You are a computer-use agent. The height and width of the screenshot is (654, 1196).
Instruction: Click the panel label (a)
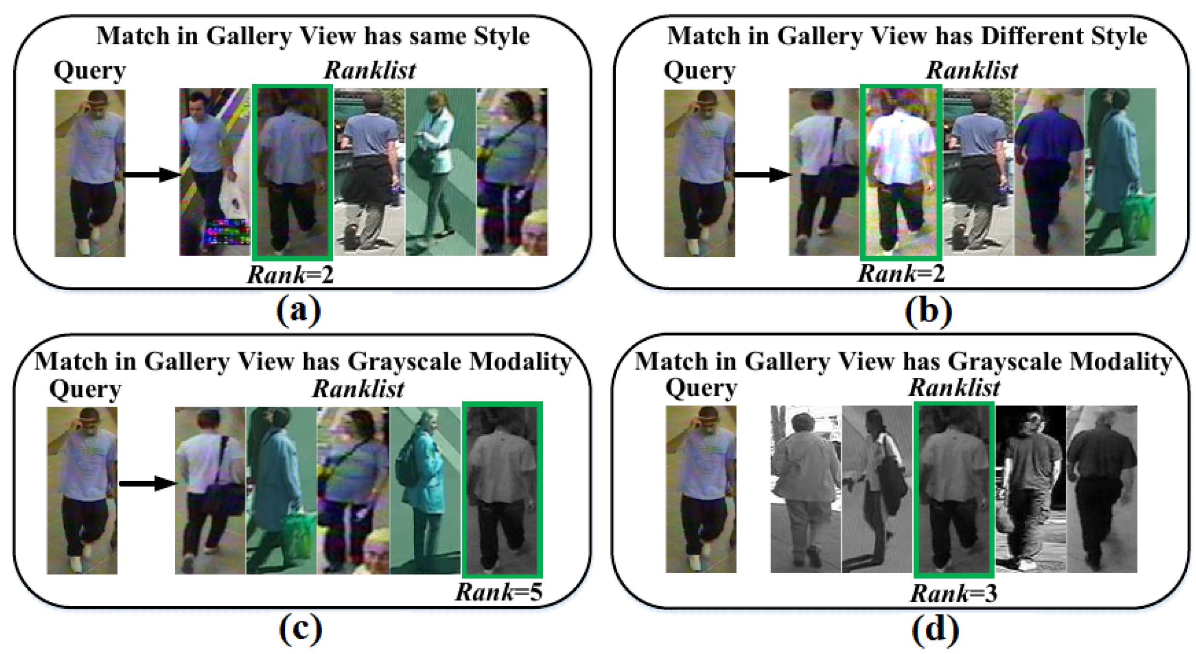point(299,310)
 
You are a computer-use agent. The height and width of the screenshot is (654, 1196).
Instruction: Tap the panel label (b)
point(928,310)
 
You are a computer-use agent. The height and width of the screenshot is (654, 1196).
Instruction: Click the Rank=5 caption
point(498,592)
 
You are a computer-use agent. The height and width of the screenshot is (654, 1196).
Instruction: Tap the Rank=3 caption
point(954,593)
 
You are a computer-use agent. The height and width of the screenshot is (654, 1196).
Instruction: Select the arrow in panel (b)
point(762,174)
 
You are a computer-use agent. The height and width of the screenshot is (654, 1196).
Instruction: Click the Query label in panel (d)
point(701,388)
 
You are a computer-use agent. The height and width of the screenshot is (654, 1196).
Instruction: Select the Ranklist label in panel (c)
point(358,389)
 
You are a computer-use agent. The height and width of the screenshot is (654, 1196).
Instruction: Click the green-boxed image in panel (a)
point(292,172)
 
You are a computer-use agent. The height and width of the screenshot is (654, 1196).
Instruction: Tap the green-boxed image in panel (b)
point(901,172)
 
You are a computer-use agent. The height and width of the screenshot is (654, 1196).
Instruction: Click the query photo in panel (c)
point(82,490)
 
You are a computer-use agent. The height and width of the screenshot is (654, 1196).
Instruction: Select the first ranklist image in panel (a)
point(214,172)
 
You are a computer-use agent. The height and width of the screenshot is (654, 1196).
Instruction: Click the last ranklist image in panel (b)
point(1120,172)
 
